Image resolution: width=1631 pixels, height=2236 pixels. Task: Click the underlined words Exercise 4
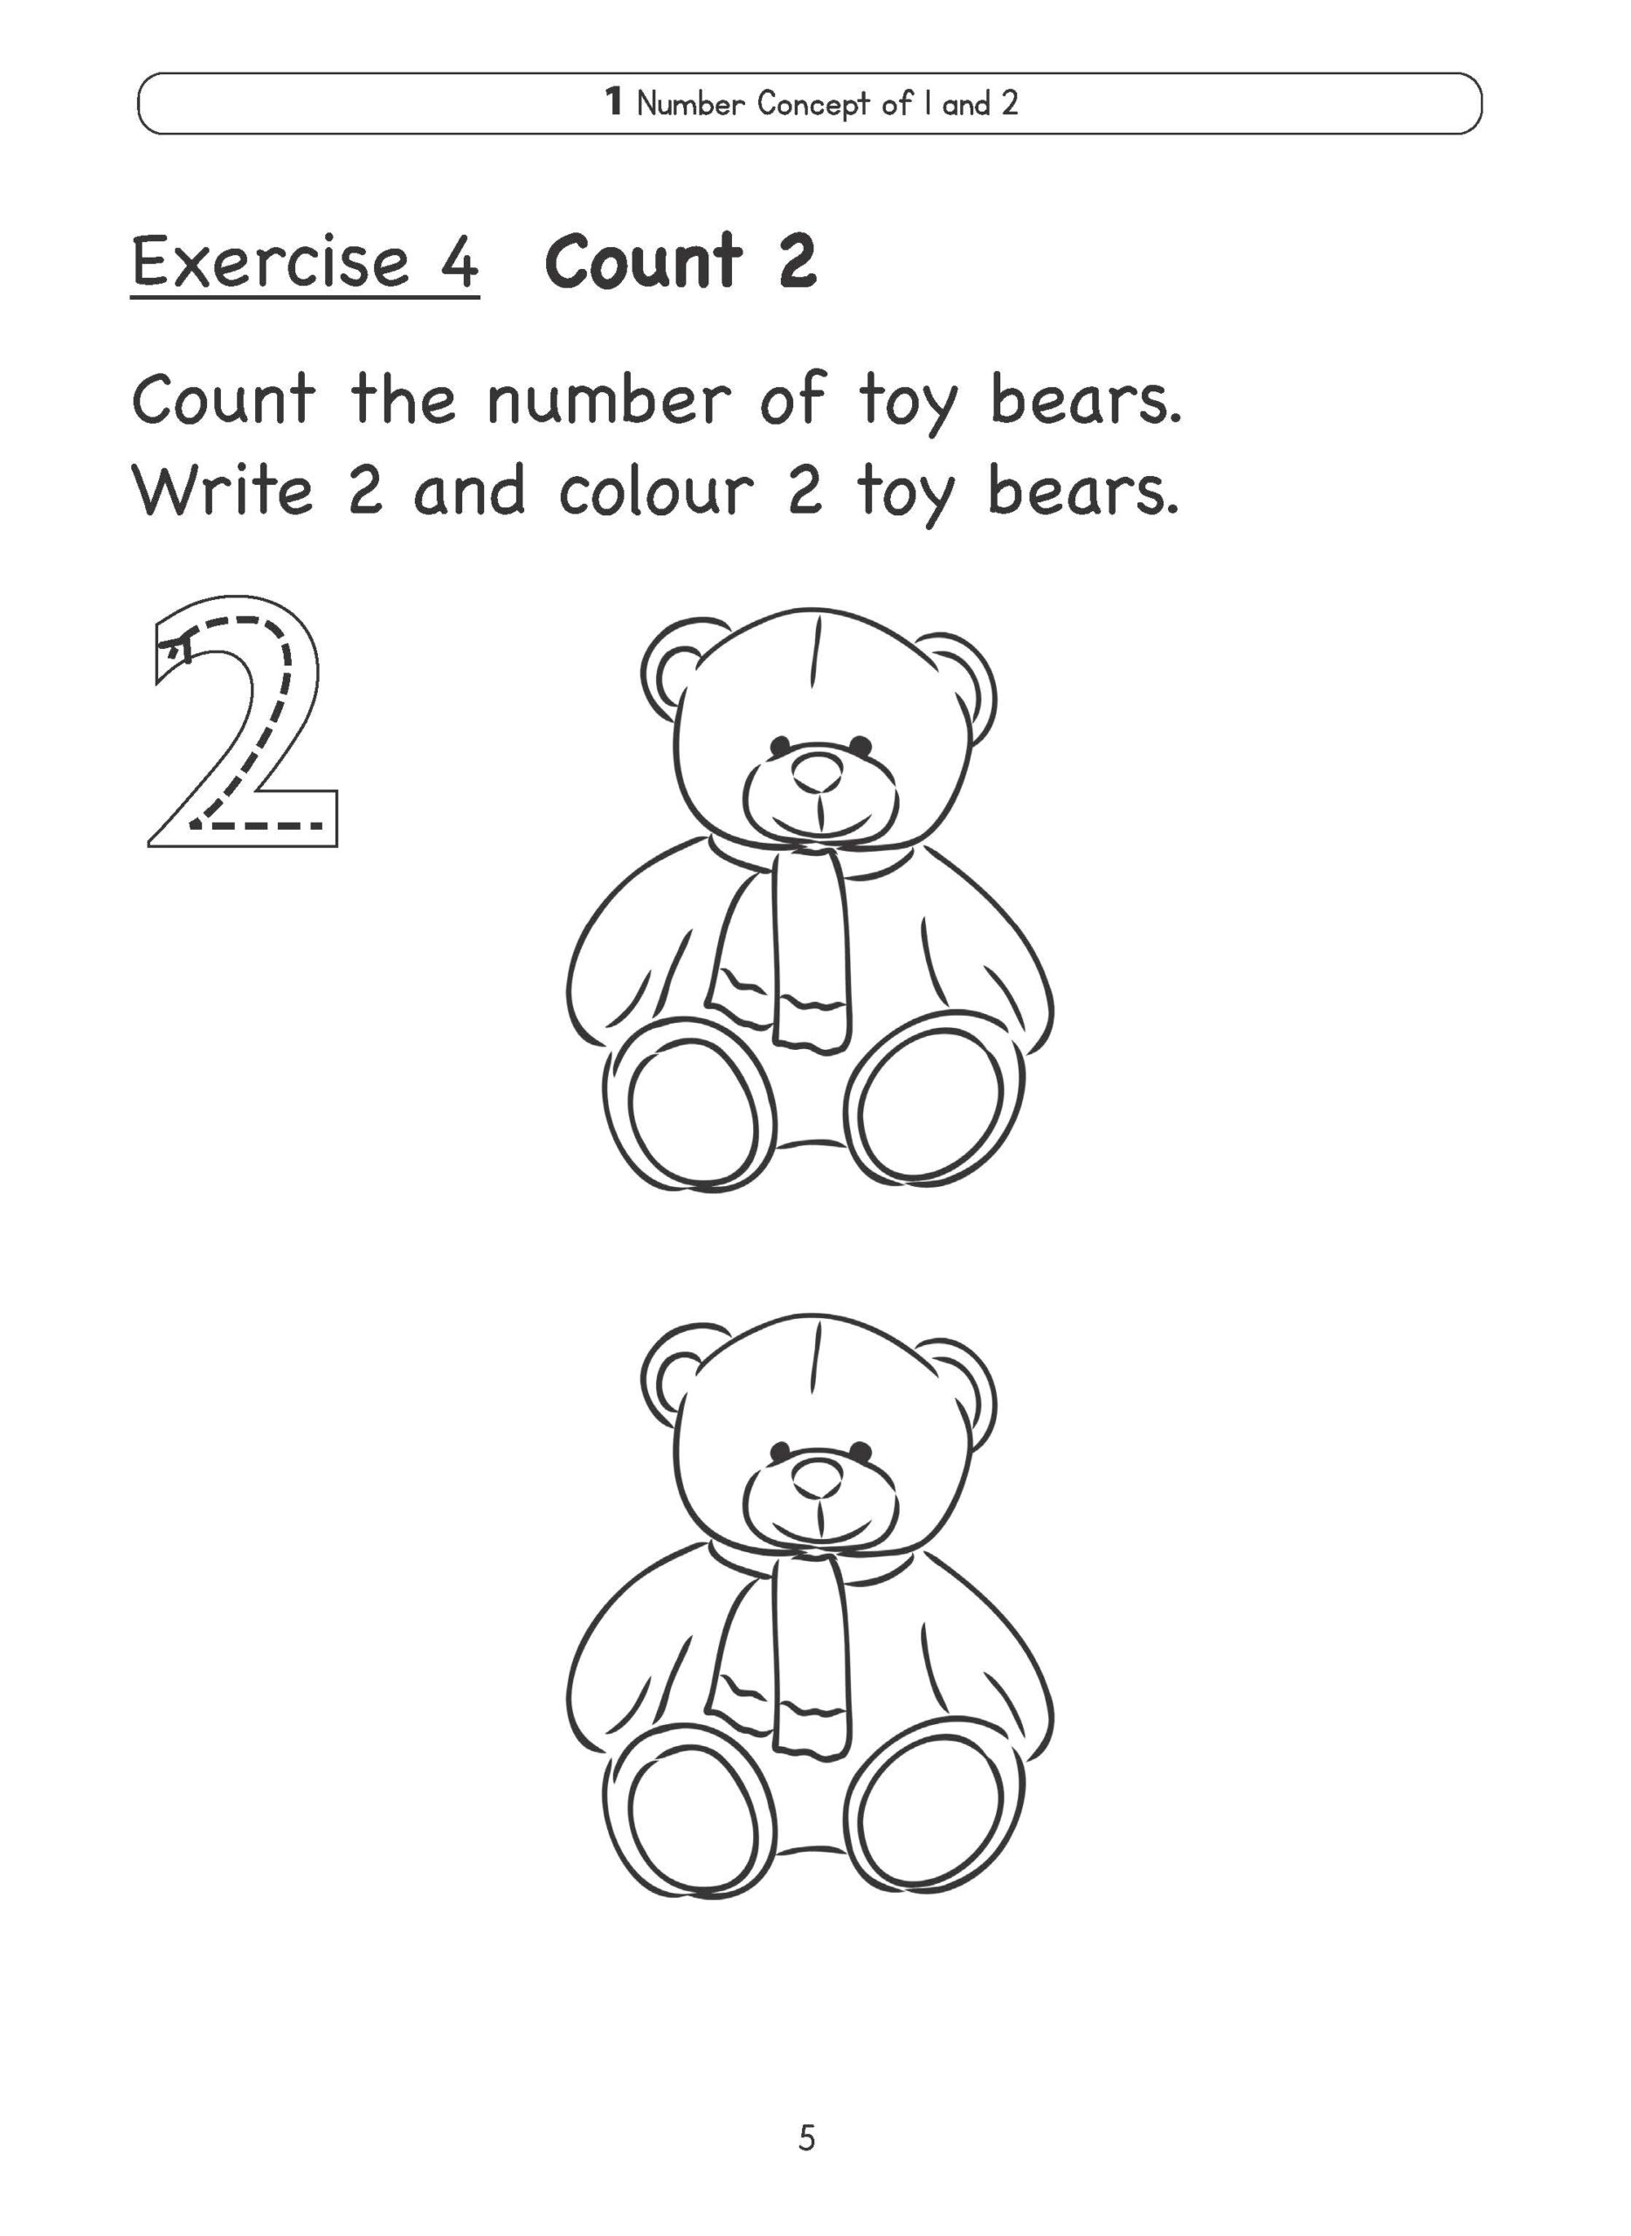[x=305, y=262]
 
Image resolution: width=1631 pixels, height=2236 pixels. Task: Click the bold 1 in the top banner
[x=613, y=101]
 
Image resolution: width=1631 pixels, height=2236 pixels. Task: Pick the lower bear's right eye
[x=860, y=1450]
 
